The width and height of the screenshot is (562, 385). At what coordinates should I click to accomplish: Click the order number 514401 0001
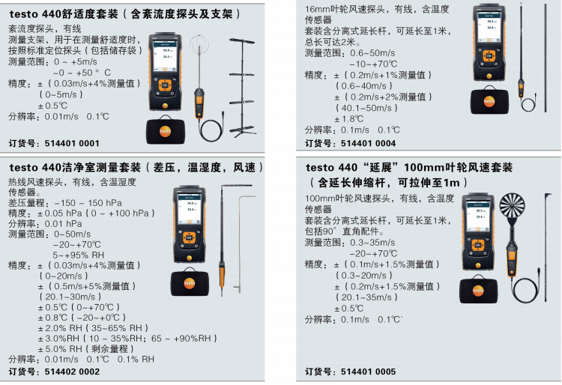(x=72, y=144)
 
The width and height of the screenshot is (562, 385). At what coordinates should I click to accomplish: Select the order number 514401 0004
(x=369, y=144)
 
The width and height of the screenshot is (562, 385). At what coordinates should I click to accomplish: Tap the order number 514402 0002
(x=72, y=372)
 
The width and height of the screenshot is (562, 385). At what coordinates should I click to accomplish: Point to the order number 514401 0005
(x=369, y=372)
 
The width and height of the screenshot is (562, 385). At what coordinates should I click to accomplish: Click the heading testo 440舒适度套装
(x=64, y=14)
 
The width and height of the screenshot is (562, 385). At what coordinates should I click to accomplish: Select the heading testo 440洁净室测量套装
(x=75, y=167)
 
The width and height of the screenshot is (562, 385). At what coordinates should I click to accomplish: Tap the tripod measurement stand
(x=243, y=87)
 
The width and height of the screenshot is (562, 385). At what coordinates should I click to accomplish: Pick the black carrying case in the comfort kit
(x=166, y=130)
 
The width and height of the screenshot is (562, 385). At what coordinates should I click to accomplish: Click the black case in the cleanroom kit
(x=190, y=282)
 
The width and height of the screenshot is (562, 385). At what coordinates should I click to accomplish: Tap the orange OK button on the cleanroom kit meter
(x=190, y=237)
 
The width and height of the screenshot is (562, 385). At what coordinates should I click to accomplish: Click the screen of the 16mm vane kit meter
(x=490, y=28)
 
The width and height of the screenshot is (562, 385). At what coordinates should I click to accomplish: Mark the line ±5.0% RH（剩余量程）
(x=86, y=349)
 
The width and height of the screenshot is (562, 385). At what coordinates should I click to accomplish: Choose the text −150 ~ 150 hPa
(x=88, y=203)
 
